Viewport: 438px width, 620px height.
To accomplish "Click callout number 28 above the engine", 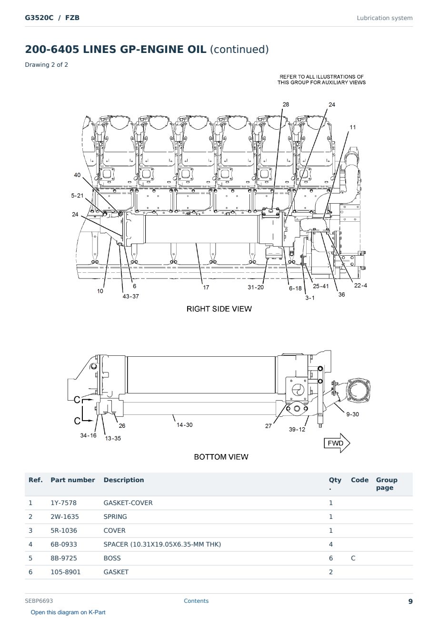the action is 286,104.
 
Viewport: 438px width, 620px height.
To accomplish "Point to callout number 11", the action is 353,127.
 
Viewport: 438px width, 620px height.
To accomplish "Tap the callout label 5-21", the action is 77,196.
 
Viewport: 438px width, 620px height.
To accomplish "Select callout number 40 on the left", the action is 77,175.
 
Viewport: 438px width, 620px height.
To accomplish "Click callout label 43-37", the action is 131,296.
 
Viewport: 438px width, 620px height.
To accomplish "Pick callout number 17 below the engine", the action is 206,287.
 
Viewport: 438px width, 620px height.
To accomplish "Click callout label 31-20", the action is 256,287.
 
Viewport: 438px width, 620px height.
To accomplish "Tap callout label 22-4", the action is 360,285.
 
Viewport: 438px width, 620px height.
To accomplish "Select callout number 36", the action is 341,295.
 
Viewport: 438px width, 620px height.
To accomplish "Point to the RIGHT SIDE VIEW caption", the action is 219,309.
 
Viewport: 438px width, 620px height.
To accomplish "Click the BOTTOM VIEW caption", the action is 221,457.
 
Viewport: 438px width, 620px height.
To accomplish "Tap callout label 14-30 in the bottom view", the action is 185,424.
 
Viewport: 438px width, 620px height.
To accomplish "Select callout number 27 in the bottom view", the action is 269,426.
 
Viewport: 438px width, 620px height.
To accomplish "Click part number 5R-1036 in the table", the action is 64,530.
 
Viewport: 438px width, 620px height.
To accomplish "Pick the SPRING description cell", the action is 115,517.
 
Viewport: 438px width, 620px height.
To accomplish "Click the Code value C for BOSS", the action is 353,558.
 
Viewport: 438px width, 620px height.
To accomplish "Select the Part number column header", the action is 73,480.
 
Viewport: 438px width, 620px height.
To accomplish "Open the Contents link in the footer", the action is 196,601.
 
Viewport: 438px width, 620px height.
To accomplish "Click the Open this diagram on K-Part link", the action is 68,612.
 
